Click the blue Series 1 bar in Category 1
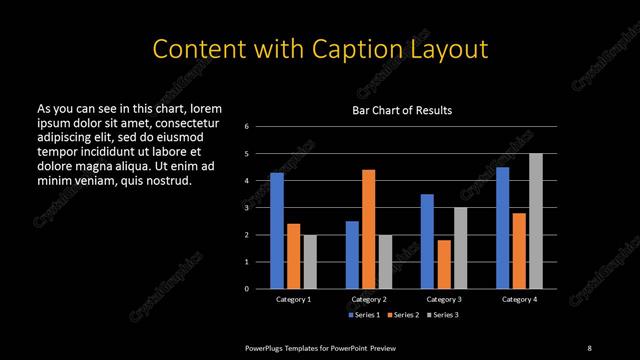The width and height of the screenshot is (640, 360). tap(277, 230)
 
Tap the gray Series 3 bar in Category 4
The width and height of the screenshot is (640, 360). tap(535, 221)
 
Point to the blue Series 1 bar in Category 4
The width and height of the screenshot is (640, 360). tap(502, 227)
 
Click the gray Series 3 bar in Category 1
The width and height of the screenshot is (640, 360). tap(310, 261)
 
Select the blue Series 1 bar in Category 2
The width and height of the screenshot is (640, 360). tap(352, 254)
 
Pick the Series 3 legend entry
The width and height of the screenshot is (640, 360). tap(443, 315)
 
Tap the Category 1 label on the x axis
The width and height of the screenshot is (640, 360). tap(293, 299)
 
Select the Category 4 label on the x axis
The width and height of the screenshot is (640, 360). tap(518, 299)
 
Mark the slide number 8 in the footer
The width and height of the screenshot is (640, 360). tap(588, 347)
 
